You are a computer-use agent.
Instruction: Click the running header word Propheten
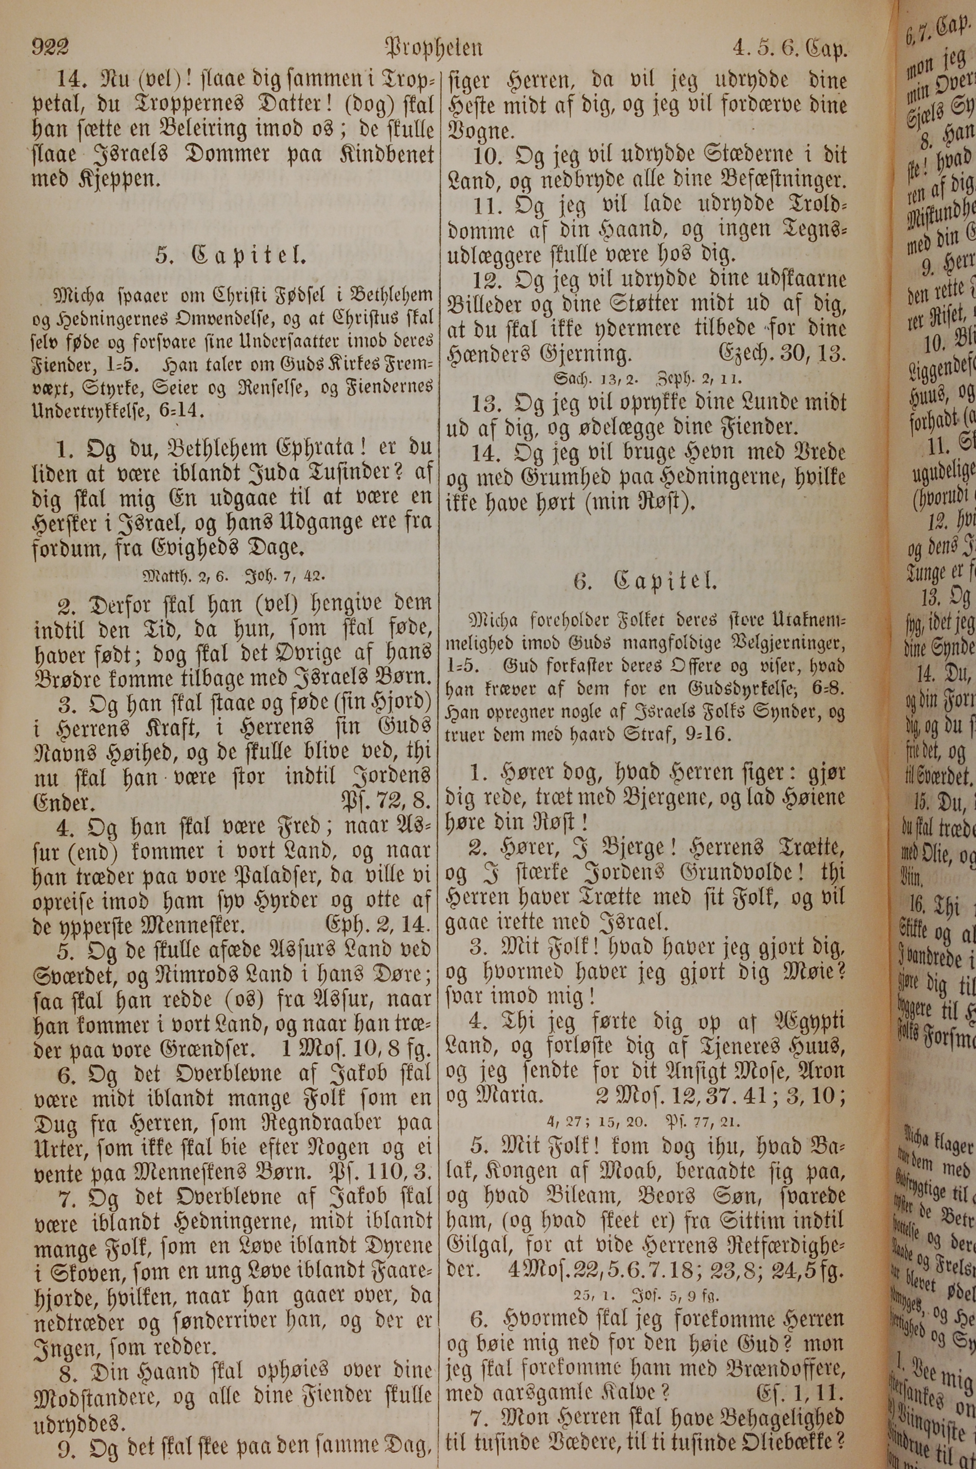coord(434,47)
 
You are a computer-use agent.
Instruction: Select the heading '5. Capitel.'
coord(230,255)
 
